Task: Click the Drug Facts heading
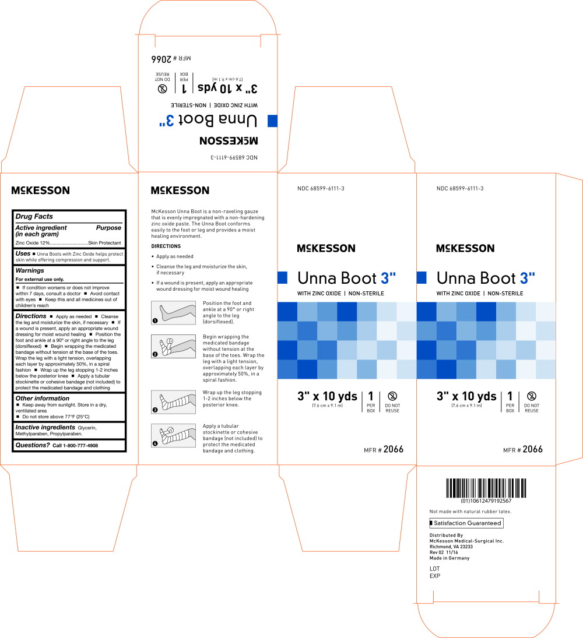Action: [x=34, y=217]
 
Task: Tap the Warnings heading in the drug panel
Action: [x=30, y=270]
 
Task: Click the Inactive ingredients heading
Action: [x=45, y=427]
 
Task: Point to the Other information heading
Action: [x=43, y=399]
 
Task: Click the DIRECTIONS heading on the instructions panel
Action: [x=166, y=246]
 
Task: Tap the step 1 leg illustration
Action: [x=173, y=313]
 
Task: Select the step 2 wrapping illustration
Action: [x=173, y=346]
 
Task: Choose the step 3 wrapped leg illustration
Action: [x=173, y=402]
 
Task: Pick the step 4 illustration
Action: [x=173, y=435]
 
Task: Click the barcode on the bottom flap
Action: [x=486, y=488]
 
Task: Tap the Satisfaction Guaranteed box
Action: [x=466, y=523]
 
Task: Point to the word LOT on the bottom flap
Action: [x=435, y=569]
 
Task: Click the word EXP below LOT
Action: [x=435, y=576]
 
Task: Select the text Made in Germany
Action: [x=449, y=558]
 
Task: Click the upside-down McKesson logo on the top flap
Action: [x=229, y=141]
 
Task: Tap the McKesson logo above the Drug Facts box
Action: [x=41, y=191]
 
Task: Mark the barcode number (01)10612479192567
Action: [x=486, y=501]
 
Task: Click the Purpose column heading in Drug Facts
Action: [x=108, y=228]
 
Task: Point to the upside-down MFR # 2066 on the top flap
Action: [x=171, y=59]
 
